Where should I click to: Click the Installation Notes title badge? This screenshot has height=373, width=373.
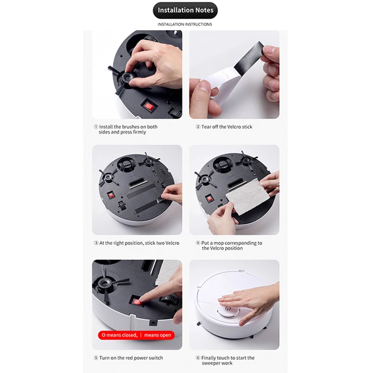pyautogui.click(x=185, y=10)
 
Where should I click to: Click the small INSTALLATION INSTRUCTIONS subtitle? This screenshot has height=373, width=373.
pyautogui.click(x=185, y=24)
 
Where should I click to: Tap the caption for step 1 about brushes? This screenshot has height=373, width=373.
pyautogui.click(x=126, y=129)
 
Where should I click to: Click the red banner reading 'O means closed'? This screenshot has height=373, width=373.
pyautogui.click(x=135, y=335)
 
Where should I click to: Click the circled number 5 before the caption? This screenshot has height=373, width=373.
pyautogui.click(x=96, y=358)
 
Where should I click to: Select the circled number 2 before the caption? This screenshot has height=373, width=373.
pyautogui.click(x=198, y=127)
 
